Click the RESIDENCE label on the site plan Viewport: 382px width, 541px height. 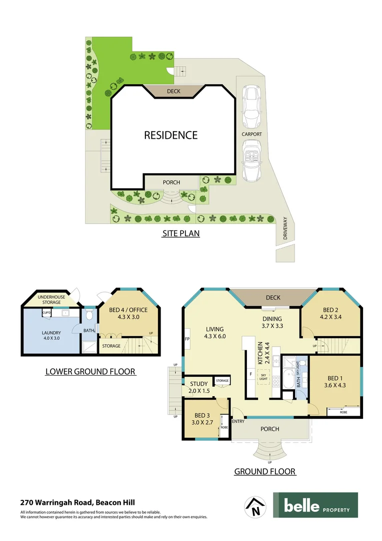tap(170, 135)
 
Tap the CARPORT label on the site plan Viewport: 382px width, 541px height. tap(252, 134)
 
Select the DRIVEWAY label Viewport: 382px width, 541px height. tap(285, 228)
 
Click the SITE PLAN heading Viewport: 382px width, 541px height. tap(181, 233)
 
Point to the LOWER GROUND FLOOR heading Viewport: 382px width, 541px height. tap(90, 372)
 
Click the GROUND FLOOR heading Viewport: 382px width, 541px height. tap(265, 471)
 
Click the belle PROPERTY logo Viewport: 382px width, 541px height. tap(315, 505)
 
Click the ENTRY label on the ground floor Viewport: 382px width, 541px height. tap(238, 421)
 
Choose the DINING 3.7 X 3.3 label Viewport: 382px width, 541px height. tap(271, 322)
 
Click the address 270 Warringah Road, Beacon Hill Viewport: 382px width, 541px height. tap(77, 502)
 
